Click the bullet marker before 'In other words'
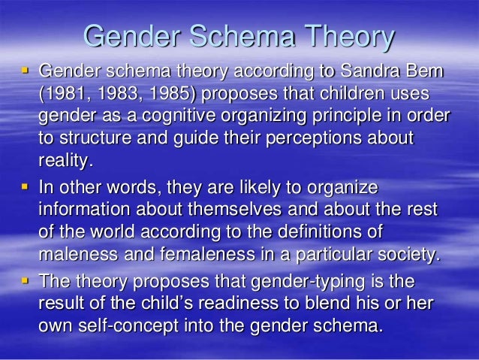click(25, 186)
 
